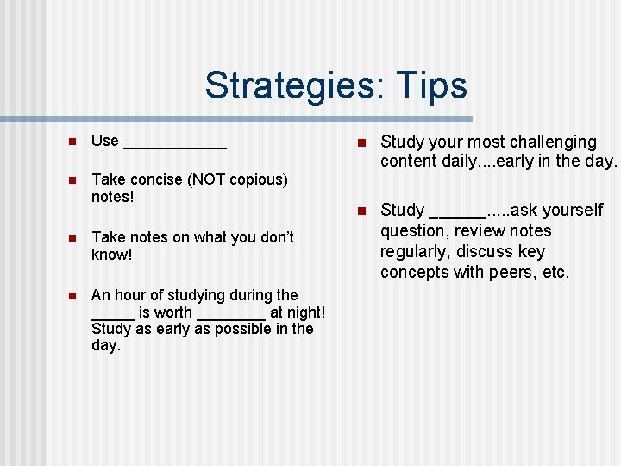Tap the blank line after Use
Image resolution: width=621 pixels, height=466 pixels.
[175, 146]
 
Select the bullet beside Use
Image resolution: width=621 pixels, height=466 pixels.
[73, 142]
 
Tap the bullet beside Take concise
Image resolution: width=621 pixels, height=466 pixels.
[73, 180]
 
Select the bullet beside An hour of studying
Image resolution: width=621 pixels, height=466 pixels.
[73, 296]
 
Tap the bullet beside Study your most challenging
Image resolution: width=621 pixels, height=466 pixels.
[362, 142]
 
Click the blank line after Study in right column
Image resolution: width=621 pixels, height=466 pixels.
[457, 215]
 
